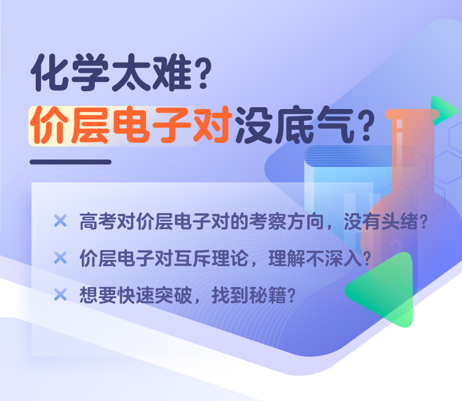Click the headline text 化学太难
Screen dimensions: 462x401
point(111,73)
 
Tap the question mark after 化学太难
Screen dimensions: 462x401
point(203,73)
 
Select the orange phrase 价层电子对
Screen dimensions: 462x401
point(129,125)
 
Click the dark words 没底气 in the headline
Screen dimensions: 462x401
point(294,125)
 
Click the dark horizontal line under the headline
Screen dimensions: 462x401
point(70,162)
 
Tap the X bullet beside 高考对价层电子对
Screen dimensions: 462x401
point(60,221)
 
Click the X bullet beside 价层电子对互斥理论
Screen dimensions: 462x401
point(60,258)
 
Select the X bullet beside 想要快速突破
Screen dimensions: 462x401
point(60,294)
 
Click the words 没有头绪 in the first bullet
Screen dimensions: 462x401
point(381,222)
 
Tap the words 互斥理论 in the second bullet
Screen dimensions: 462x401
point(211,258)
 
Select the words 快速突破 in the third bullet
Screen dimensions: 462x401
point(155,295)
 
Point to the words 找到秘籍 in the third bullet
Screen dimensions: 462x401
point(249,295)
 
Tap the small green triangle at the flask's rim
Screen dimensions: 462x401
point(444,110)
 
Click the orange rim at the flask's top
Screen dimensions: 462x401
point(412,114)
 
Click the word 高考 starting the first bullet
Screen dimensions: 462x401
point(88,222)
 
